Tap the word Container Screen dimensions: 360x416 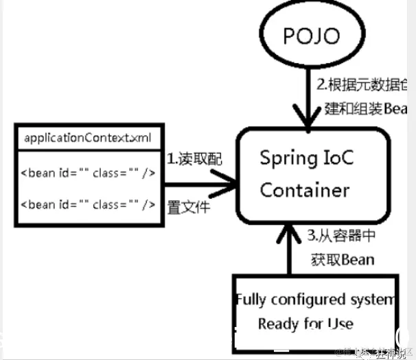point(305,189)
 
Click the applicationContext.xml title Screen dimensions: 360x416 point(87,137)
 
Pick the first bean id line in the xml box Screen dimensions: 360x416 point(87,172)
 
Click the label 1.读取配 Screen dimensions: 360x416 point(194,158)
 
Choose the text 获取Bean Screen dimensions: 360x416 point(340,259)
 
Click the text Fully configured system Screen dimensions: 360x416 point(314,300)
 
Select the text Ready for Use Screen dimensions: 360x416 point(305,323)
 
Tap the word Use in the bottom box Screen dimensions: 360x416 point(340,323)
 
